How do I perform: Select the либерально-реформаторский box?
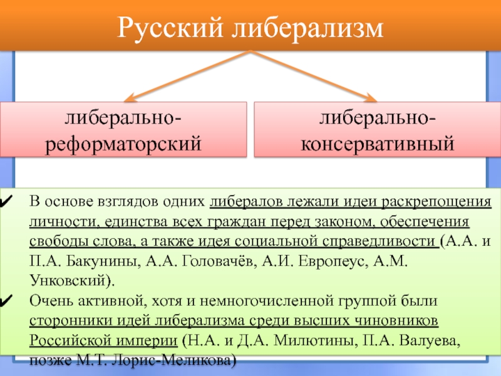point(122,131)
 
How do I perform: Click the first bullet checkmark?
point(8,203)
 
